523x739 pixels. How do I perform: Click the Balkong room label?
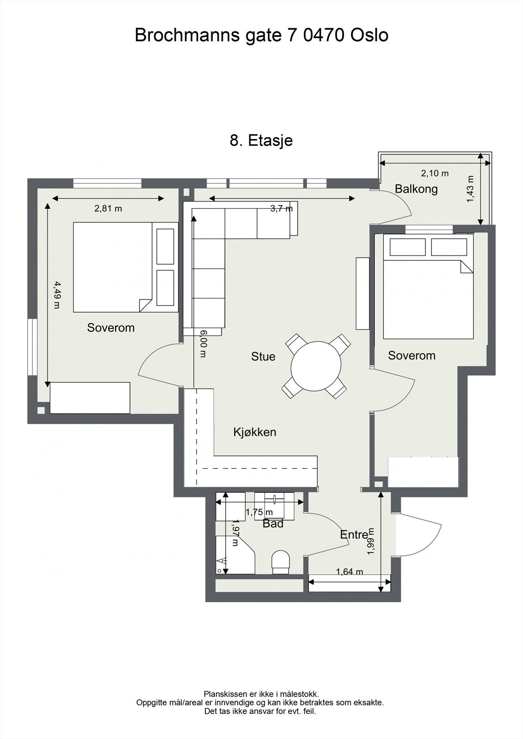[x=416, y=189]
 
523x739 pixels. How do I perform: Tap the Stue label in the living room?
[x=263, y=356]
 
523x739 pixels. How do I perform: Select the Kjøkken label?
[x=255, y=432]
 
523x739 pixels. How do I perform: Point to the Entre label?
[x=354, y=534]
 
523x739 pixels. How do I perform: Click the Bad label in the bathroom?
[x=273, y=523]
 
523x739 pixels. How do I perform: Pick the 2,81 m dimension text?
[x=108, y=208]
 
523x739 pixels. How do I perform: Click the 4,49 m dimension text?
[x=57, y=295]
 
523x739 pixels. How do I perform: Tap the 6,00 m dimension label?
[x=203, y=344]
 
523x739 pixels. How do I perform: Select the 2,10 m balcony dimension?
[x=435, y=173]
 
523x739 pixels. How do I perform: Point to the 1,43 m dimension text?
[x=470, y=189]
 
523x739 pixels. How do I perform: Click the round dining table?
[x=316, y=366]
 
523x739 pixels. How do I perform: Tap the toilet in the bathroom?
[x=281, y=563]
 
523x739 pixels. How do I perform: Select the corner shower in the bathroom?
[x=235, y=555]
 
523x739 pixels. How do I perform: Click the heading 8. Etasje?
[x=261, y=140]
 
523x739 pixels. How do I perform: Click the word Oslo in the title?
[x=369, y=35]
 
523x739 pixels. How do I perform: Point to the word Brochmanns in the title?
[x=187, y=35]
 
